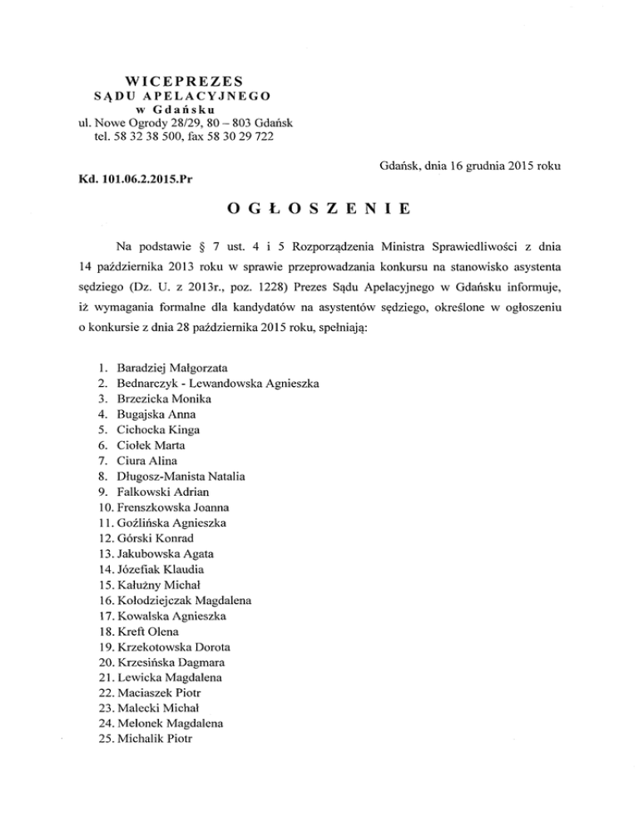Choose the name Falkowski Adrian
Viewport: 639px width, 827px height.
tap(164, 491)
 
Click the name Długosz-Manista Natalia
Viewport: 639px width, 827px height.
tap(181, 476)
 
